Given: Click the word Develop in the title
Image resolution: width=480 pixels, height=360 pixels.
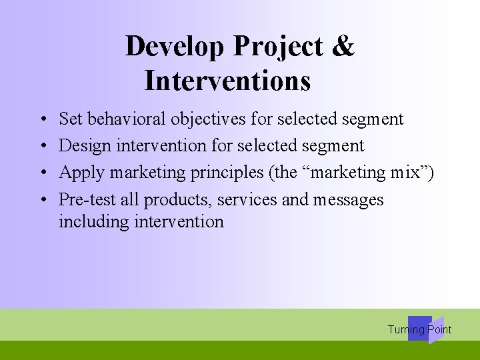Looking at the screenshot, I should pyautogui.click(x=175, y=47).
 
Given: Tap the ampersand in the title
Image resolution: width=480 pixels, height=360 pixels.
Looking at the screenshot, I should pyautogui.click(x=342, y=46).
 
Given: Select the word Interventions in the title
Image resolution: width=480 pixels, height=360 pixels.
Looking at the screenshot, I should pyautogui.click(x=227, y=81).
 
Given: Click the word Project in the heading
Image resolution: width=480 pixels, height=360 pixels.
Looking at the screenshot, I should pyautogui.click(x=279, y=47).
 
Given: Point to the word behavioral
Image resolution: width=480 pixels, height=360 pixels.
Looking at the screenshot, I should pyautogui.click(x=127, y=119).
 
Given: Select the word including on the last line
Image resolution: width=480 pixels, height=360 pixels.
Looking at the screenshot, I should pyautogui.click(x=93, y=221).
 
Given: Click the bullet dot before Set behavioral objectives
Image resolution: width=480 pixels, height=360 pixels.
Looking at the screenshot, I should pyautogui.click(x=42, y=120).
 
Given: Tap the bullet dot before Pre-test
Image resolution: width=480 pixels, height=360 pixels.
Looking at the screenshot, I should pyautogui.click(x=42, y=200).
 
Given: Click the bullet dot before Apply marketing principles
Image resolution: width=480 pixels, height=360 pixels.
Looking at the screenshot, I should pyautogui.click(x=42, y=173).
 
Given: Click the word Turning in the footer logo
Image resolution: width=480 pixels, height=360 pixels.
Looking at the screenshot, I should pyautogui.click(x=405, y=329).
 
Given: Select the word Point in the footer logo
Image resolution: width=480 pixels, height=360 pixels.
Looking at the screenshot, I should pyautogui.click(x=439, y=329).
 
